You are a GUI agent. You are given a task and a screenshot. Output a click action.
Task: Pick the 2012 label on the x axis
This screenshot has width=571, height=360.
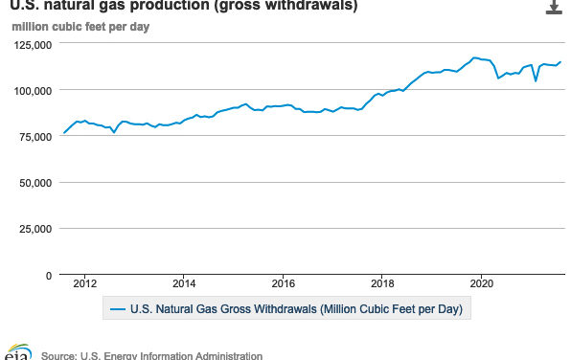(x=85, y=283)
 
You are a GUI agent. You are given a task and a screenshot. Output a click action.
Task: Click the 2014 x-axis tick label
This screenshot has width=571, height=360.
(x=185, y=283)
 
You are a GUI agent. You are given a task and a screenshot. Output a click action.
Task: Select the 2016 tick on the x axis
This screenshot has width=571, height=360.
(x=284, y=283)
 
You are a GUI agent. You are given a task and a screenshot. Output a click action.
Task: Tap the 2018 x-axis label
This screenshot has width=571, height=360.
(x=383, y=283)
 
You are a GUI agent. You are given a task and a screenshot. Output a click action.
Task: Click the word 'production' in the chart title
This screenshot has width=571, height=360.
(x=154, y=7)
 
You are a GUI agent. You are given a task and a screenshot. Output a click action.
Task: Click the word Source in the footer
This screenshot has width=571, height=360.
(x=60, y=355)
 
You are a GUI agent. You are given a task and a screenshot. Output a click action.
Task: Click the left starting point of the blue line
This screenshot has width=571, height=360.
(x=63, y=133)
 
